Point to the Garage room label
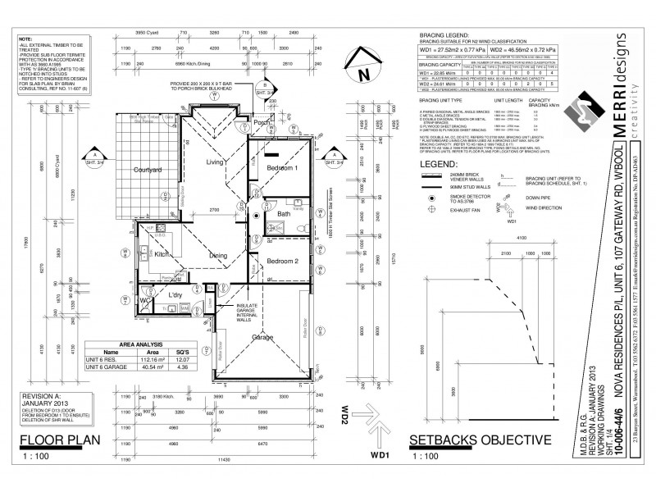[x=262, y=337]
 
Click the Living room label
[x=215, y=162]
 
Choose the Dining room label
[x=217, y=255]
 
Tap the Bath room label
[x=284, y=213]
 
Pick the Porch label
[x=261, y=122]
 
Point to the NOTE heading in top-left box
[x=25, y=39]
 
